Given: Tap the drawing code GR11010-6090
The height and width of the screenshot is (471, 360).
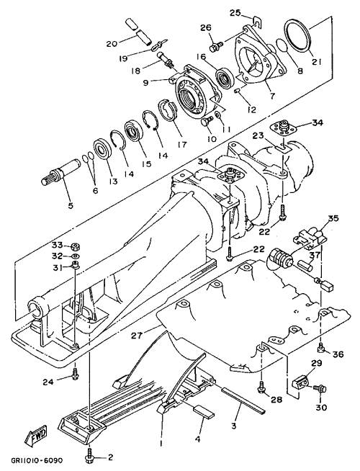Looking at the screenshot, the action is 37,460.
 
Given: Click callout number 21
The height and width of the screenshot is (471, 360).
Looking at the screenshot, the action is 317,62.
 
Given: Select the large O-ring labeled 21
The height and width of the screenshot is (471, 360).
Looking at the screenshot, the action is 297,35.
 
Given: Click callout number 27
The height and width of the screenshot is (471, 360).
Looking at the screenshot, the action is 138,336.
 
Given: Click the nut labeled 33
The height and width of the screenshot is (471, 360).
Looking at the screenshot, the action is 75,247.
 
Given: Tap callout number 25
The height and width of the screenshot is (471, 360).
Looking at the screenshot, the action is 235,13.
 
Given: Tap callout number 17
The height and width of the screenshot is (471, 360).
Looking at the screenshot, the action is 182,145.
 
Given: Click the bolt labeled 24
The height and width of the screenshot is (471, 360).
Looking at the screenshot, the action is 76,372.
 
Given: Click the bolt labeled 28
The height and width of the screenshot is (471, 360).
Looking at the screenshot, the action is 261,386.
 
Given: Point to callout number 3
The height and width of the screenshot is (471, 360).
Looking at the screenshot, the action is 234,426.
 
